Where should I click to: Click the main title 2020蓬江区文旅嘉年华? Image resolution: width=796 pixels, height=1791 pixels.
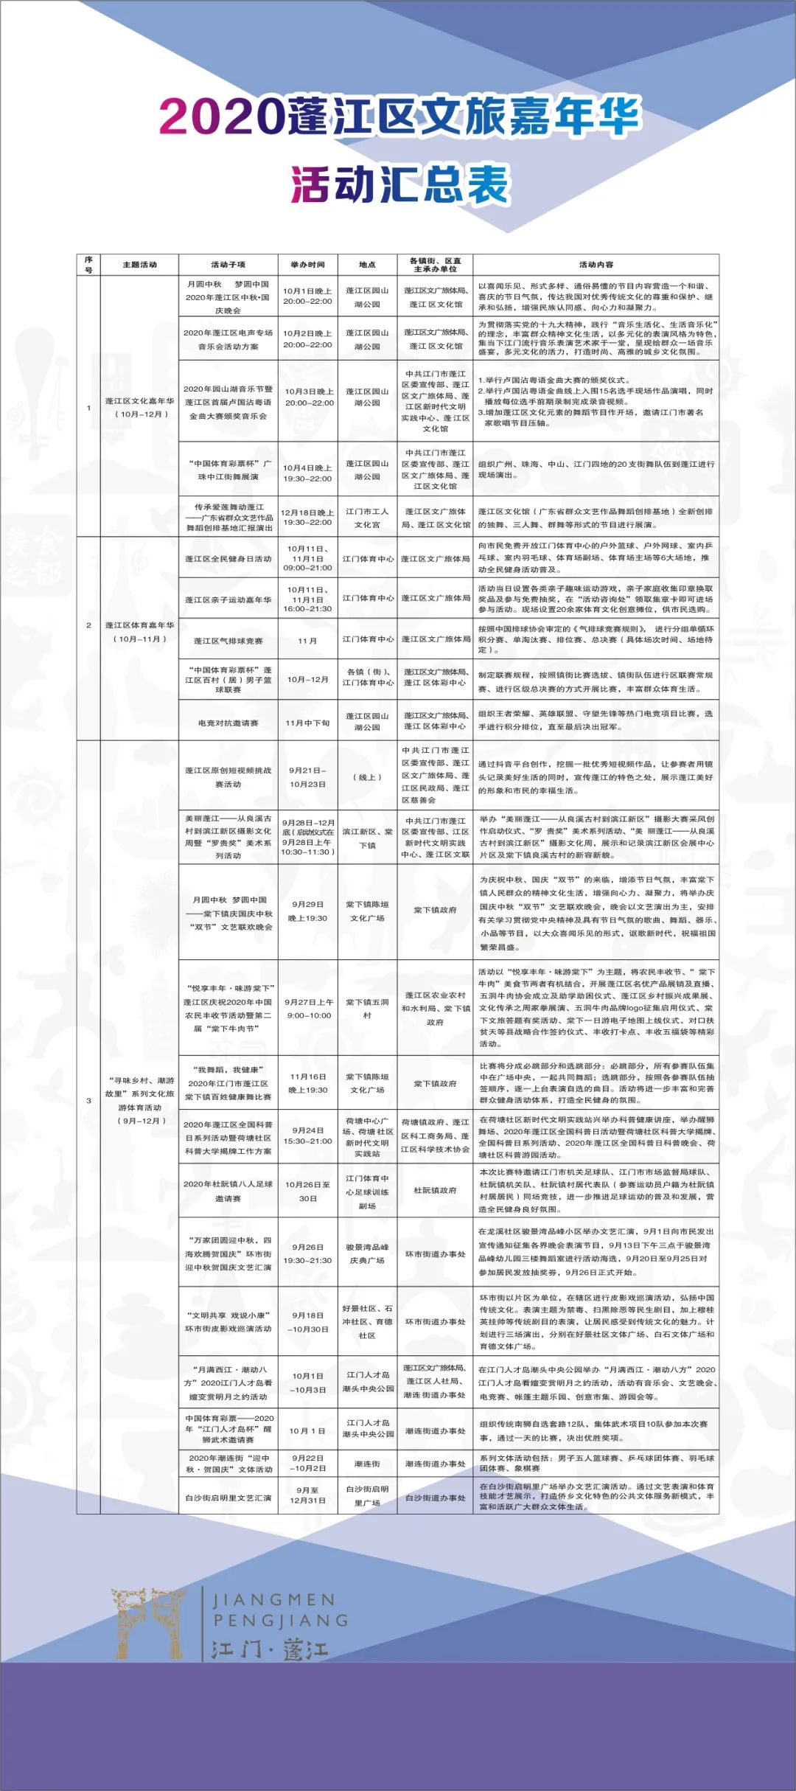(x=399, y=116)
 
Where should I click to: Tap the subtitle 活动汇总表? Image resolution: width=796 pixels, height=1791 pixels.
(x=399, y=184)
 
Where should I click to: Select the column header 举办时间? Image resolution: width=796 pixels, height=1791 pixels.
(x=307, y=265)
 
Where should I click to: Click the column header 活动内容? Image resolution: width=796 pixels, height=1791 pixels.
(x=596, y=265)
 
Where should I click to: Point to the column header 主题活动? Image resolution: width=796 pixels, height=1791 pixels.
(x=139, y=265)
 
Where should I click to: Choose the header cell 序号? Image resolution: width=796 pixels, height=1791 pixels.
(x=88, y=265)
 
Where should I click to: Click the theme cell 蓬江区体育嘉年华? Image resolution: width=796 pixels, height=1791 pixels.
(x=139, y=632)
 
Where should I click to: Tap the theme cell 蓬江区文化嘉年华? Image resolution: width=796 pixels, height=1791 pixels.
(x=139, y=407)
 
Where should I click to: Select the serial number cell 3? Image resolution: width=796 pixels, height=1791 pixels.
(x=88, y=1100)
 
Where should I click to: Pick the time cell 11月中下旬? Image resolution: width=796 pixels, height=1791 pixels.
(x=307, y=723)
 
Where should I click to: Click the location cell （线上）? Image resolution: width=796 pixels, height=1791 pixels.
(x=367, y=777)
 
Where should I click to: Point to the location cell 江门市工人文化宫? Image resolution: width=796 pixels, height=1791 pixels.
(x=367, y=518)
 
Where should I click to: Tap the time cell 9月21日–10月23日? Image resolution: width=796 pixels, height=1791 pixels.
(x=307, y=777)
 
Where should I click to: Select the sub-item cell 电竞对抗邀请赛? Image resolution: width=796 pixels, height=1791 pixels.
(x=228, y=723)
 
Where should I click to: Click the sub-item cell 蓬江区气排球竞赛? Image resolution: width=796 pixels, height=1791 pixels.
(x=228, y=641)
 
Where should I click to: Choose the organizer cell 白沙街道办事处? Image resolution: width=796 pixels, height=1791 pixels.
(x=435, y=1498)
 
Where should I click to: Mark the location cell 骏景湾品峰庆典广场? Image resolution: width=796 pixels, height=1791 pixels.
(x=367, y=1253)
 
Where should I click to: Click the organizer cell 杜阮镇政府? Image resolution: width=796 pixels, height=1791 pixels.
(x=435, y=1191)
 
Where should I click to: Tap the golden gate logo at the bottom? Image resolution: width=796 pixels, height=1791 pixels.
(x=147, y=1622)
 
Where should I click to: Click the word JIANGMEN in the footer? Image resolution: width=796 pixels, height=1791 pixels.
(x=273, y=1600)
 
